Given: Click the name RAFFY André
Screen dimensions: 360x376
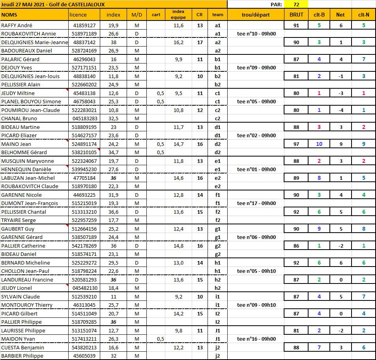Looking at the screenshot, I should click(17, 25).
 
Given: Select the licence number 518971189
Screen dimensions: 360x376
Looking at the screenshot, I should click(84, 34).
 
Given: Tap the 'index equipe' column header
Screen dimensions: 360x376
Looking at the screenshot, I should click(178, 15).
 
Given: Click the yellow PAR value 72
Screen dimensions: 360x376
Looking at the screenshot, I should click(296, 4).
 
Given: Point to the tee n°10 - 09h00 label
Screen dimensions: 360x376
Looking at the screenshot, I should click(256, 34).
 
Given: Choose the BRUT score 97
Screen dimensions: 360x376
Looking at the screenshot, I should click(296, 144).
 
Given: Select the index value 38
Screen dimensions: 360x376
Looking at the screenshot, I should click(114, 42).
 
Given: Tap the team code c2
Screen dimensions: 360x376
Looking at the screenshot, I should click(217, 118).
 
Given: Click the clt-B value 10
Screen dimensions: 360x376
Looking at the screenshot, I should click(319, 144).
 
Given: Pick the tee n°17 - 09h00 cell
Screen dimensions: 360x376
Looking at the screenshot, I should click(256, 203).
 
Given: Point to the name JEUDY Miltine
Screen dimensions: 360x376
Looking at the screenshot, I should click(18, 93).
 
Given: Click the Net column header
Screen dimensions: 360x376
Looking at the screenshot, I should click(340, 15).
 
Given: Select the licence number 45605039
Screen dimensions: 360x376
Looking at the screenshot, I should click(84, 356).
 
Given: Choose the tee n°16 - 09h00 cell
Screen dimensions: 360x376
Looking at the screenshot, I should click(256, 339).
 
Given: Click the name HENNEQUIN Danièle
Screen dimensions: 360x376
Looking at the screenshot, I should click(26, 169).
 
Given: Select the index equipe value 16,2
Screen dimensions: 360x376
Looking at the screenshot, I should click(178, 42).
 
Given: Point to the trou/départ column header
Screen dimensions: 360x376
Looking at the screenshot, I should click(256, 15).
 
